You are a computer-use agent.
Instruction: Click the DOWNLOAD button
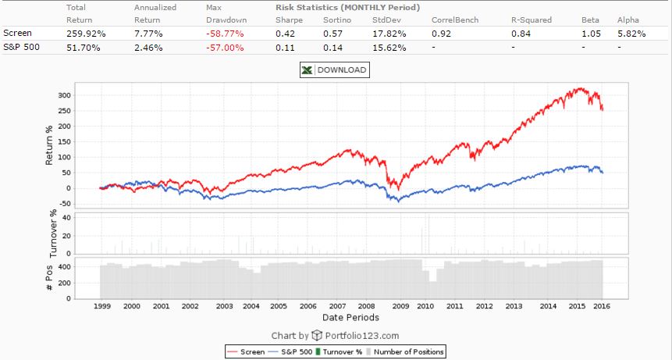pos(334,70)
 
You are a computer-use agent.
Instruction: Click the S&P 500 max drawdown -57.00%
pos(226,48)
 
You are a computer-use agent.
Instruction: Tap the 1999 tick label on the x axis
pos(102,307)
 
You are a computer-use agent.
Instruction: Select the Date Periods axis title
pos(350,318)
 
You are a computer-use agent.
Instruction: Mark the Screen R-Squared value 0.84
pos(521,34)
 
